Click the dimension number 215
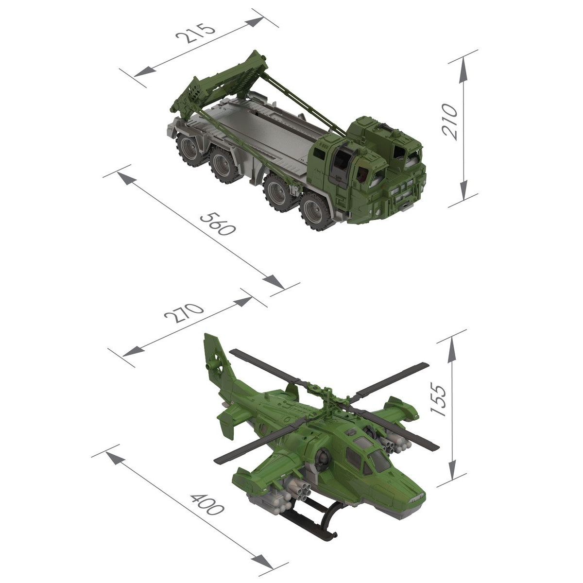[x=195, y=33]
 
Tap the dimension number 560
[x=217, y=224]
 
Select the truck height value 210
[x=449, y=121]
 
